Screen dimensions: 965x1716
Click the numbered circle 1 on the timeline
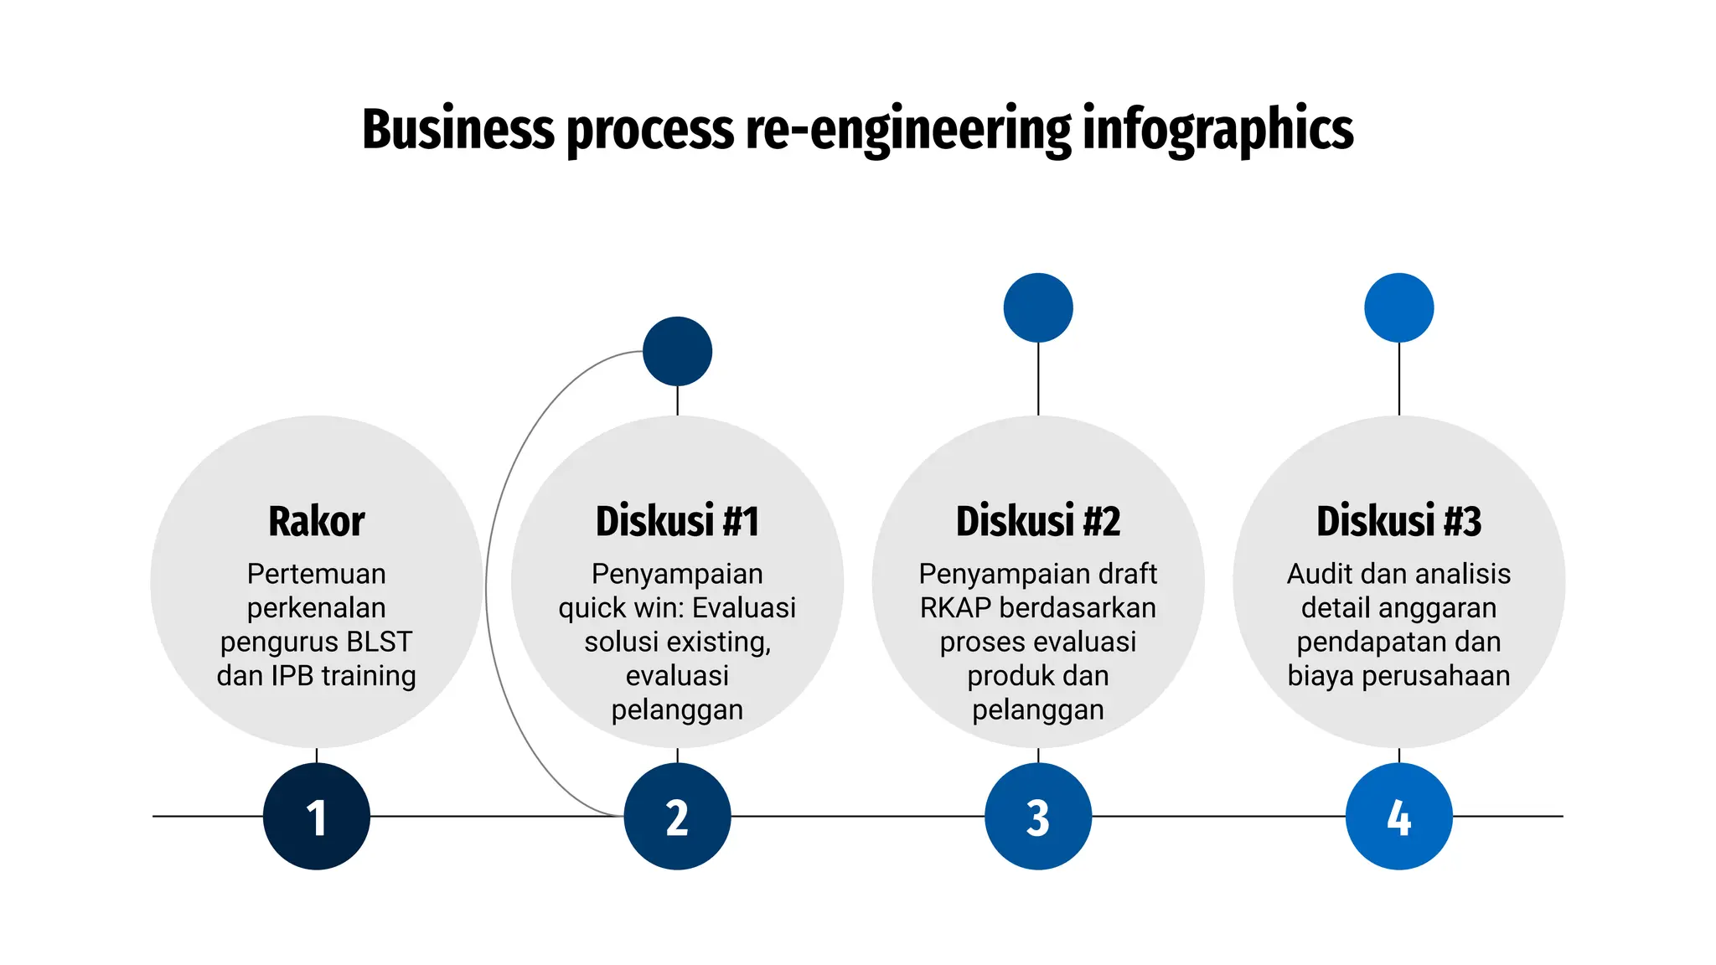316,817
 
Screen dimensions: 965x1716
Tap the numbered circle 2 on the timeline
677,817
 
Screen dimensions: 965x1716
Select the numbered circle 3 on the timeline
1038,817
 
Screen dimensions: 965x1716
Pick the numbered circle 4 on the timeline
1398,817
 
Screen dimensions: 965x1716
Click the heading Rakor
316,521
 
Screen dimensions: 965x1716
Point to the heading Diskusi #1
677,521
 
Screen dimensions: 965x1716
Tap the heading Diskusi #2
1038,521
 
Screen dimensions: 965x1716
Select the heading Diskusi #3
1398,521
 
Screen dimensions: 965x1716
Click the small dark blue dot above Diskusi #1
677,351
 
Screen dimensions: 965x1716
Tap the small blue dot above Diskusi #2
1038,307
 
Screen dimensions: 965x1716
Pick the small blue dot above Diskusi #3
1398,307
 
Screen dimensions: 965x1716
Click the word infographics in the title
1217,130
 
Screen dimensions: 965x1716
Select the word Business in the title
457,130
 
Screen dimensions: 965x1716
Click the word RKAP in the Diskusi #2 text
955,608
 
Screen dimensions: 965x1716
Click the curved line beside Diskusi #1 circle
487,586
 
